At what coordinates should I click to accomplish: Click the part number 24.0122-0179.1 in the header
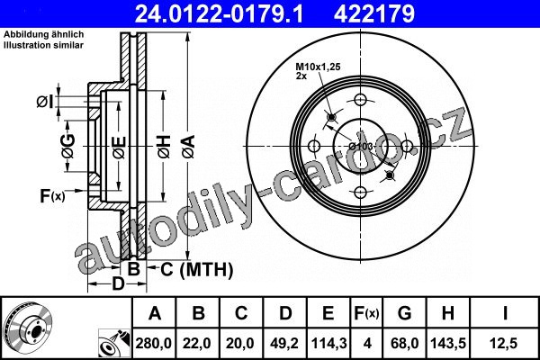pos(219,14)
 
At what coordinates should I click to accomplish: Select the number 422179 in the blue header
pos(374,14)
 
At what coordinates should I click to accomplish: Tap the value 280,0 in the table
pos(154,344)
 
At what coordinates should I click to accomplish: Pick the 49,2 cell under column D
pos(284,344)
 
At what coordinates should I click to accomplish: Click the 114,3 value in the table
pos(328,344)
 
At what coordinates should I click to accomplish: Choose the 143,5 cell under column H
pos(448,344)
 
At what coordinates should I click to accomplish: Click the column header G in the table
pos(404,313)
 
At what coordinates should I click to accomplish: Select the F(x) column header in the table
pos(366,313)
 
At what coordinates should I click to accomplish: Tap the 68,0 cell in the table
pos(405,344)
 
